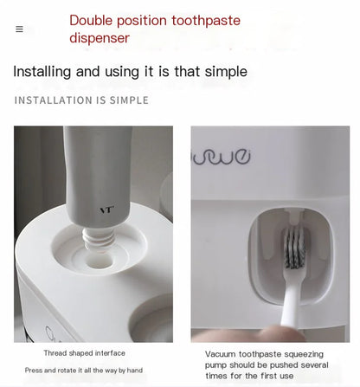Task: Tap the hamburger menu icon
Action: [19, 29]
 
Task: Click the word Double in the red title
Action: [92, 20]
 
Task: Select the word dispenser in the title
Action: [100, 38]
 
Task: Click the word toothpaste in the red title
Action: [206, 20]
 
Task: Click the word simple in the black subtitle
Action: [225, 71]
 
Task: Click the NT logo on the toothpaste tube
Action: [106, 210]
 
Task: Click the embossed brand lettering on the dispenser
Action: [222, 158]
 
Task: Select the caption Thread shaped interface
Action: [84, 353]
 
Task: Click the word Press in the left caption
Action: [35, 371]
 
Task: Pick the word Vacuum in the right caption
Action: [222, 354]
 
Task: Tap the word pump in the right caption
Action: [216, 365]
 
